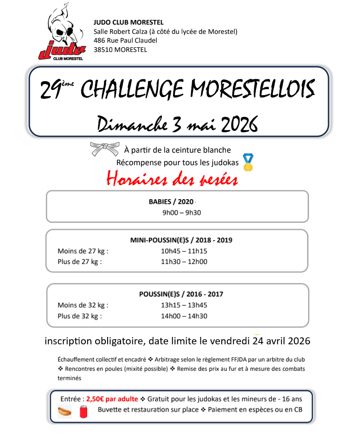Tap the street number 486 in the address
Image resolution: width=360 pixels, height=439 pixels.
(x=100, y=41)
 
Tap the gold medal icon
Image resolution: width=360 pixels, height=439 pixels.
(x=248, y=162)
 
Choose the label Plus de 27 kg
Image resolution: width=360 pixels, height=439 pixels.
(x=79, y=261)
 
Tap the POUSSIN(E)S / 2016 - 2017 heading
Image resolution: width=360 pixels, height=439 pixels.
(x=181, y=294)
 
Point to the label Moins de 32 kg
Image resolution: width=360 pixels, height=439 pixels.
(x=83, y=305)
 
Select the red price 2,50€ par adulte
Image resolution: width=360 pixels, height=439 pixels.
(x=112, y=399)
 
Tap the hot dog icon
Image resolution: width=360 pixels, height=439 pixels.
(x=64, y=411)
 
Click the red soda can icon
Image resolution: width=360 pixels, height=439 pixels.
(x=84, y=411)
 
